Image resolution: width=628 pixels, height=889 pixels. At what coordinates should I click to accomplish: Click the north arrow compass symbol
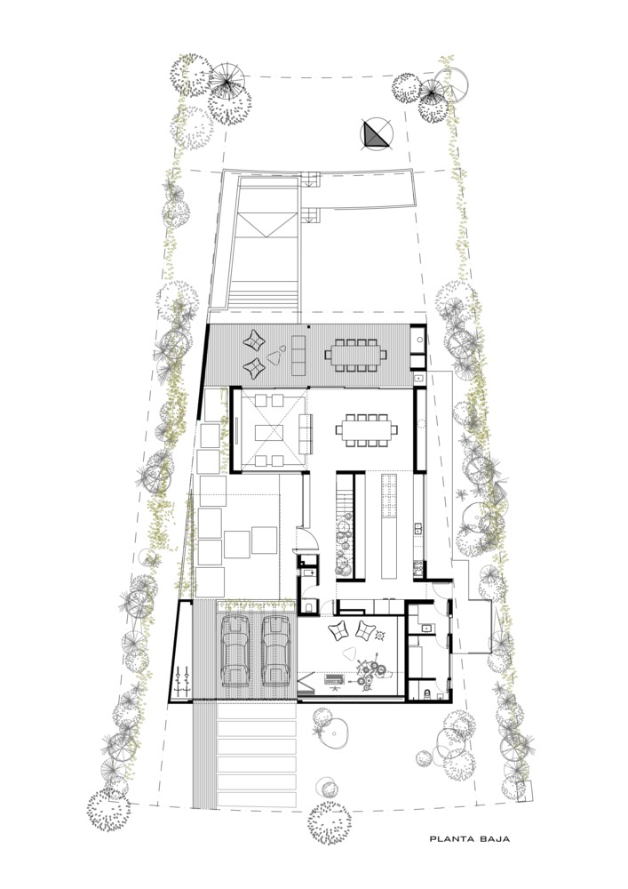click(x=377, y=135)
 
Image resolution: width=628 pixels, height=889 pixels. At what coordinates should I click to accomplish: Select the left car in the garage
click(x=235, y=651)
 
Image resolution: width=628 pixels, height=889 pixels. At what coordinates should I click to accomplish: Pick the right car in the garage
click(x=275, y=651)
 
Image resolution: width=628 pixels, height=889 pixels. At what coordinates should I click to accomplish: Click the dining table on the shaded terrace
click(x=355, y=355)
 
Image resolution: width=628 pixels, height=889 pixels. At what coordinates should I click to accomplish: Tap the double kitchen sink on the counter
click(x=418, y=528)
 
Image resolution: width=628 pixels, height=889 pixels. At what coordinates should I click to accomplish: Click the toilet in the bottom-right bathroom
click(x=427, y=693)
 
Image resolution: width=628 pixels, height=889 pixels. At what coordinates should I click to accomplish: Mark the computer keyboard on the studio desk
click(x=333, y=678)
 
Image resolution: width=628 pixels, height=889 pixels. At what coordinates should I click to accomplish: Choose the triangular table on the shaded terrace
click(x=274, y=356)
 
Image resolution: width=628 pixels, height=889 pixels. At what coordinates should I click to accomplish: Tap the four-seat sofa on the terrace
click(x=298, y=355)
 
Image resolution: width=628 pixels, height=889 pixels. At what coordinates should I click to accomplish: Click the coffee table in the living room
click(x=269, y=433)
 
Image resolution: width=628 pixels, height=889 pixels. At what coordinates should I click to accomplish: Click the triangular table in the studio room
click(x=351, y=654)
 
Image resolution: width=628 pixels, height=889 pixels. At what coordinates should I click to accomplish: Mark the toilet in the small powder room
click(x=308, y=607)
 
